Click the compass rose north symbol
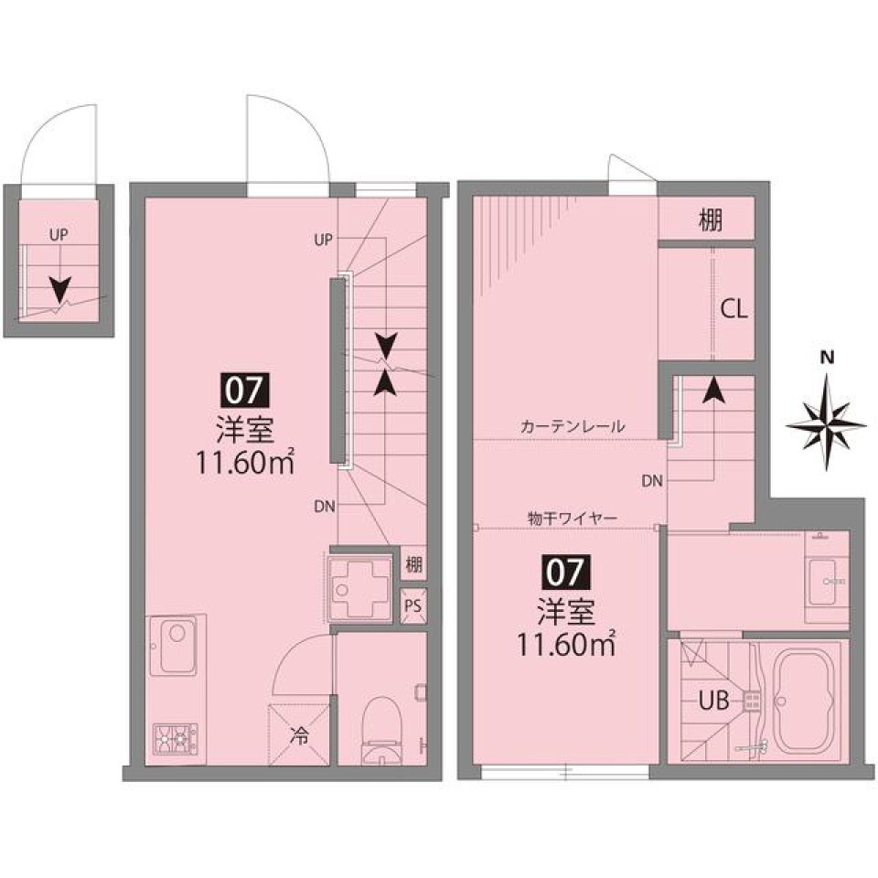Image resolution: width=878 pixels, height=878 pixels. pos(827,422)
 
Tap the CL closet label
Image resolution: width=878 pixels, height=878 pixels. pos(733,309)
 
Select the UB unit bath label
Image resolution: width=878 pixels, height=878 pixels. pos(714,701)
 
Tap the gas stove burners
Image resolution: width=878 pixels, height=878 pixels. pos(175,735)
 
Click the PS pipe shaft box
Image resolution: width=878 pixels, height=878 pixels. pos(413,605)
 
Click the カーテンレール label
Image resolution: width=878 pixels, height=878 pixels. pos(572,426)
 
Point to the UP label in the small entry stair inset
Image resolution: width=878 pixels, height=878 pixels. pos(59,235)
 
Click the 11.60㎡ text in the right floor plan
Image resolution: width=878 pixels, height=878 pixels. pos(565,645)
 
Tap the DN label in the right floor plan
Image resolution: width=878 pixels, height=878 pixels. pos(652,480)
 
